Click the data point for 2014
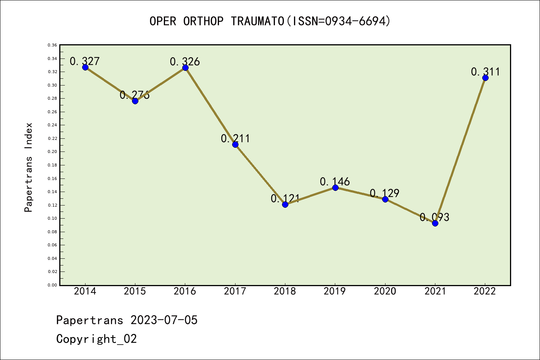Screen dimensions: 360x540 (x=85, y=67)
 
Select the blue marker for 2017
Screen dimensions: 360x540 (x=235, y=144)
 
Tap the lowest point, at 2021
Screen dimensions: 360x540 (x=435, y=223)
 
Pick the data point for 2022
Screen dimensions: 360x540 (x=485, y=78)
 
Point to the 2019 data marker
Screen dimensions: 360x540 (x=335, y=187)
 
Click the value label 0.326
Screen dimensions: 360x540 (x=185, y=61)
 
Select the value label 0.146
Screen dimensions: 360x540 (x=335, y=182)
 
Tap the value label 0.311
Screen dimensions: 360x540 (x=486, y=72)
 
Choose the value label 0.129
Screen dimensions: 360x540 (x=385, y=193)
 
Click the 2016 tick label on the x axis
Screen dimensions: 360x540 (x=185, y=291)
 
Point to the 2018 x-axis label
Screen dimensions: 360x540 (x=285, y=291)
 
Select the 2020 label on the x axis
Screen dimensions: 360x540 (x=385, y=291)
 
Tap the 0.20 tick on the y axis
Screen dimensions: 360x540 (x=52, y=152)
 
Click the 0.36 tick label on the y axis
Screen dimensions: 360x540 (x=52, y=45)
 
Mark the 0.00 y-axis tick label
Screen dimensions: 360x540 (x=52, y=285)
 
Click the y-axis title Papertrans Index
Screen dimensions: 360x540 (x=28, y=167)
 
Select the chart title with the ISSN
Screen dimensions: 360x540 (x=270, y=21)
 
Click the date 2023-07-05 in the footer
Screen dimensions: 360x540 (x=164, y=320)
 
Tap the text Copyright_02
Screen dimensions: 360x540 (x=97, y=339)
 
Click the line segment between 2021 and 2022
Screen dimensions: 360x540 (x=460, y=150)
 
